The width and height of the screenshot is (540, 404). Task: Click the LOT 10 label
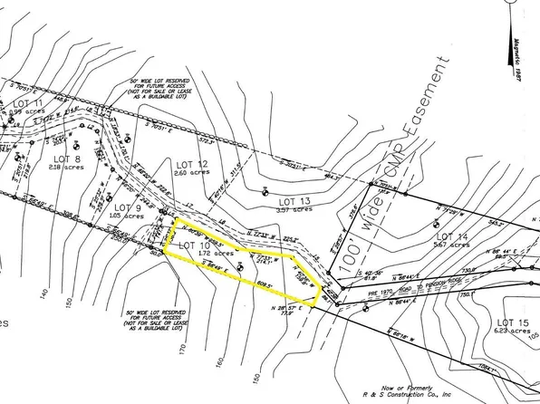point(194,245)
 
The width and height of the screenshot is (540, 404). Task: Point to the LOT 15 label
point(514,322)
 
